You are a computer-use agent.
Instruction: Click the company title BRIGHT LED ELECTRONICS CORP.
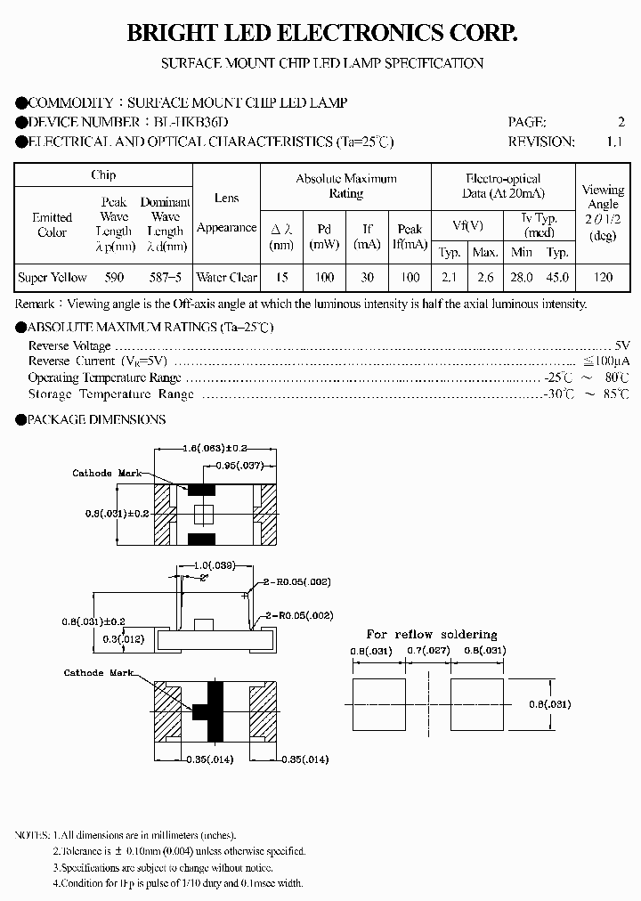[321, 34]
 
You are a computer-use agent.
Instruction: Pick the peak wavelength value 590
[115, 278]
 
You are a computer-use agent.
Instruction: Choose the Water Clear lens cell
[226, 278]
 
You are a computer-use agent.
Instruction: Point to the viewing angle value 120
[603, 278]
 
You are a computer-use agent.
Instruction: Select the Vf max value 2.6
[484, 278]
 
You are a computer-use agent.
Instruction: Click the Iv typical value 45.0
[557, 278]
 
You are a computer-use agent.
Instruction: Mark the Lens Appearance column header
[226, 213]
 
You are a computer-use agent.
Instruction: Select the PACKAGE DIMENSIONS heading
[96, 419]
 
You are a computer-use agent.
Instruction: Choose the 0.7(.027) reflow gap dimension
[429, 651]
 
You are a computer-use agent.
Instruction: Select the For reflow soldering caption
[431, 634]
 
